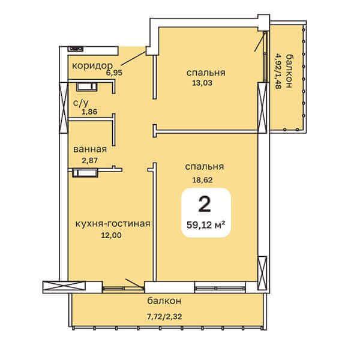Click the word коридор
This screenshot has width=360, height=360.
[x=92, y=66]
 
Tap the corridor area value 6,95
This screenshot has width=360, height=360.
[x=114, y=73]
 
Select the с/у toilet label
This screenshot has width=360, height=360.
[x=80, y=103]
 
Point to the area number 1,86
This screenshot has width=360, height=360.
[x=89, y=112]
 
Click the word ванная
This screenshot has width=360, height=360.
[x=90, y=149]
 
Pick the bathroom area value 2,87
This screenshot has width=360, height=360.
[x=90, y=160]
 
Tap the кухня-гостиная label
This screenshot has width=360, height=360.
[x=113, y=223]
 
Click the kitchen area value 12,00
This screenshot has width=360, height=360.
[x=112, y=235]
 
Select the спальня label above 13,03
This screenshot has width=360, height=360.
[x=206, y=73]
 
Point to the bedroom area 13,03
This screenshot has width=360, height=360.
[x=202, y=83]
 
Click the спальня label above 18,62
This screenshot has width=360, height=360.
[x=205, y=167]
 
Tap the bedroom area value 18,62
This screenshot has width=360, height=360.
[x=202, y=179]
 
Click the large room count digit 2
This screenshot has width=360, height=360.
[x=205, y=205]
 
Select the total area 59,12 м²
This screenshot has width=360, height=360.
[x=205, y=225]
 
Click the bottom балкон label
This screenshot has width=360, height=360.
[x=164, y=301]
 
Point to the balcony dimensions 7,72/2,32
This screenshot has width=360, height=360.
[x=164, y=317]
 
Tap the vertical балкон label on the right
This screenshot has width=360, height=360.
[x=288, y=71]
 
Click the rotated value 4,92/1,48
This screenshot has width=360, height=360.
[x=278, y=71]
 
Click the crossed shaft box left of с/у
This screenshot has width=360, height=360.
[x=64, y=107]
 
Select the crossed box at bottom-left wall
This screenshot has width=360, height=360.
[x=64, y=287]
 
